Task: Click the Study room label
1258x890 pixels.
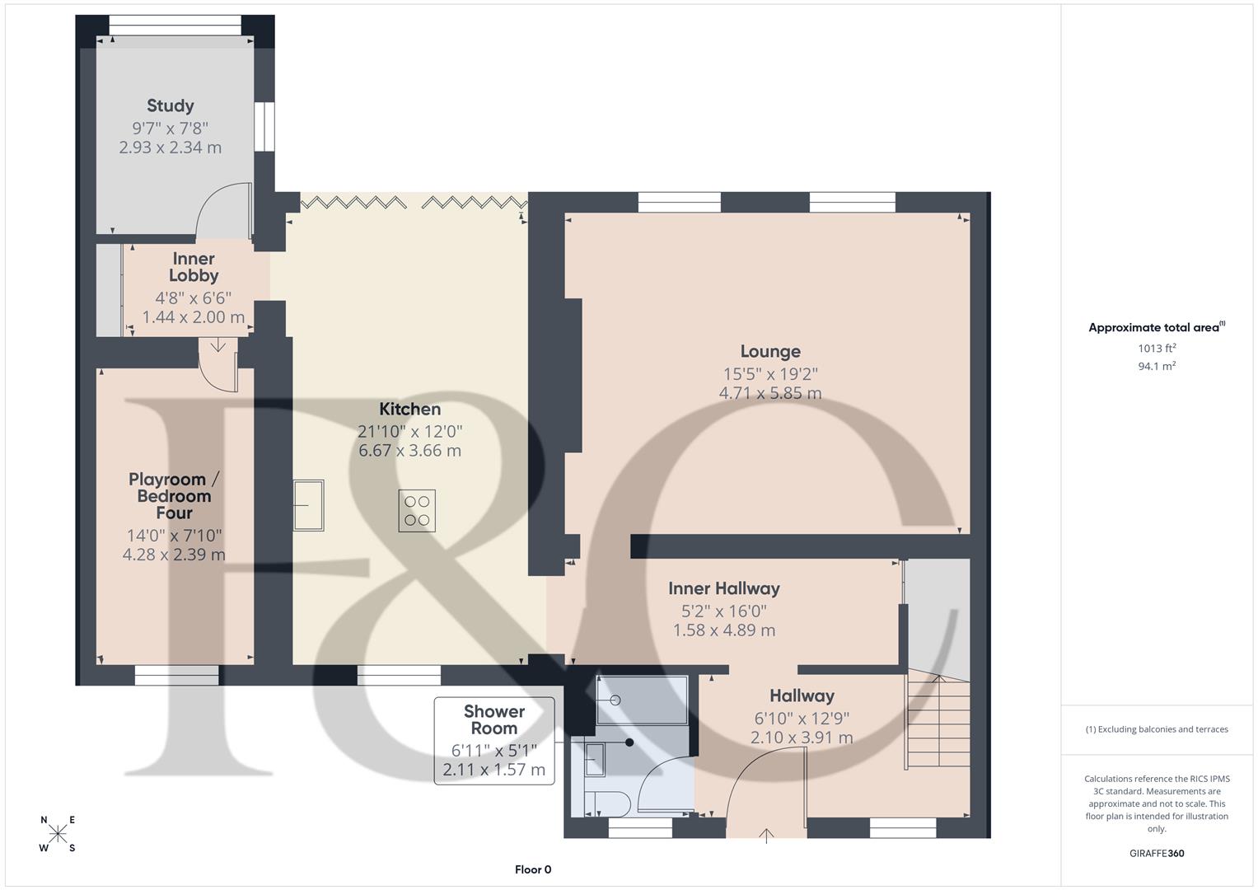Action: pyautogui.click(x=171, y=105)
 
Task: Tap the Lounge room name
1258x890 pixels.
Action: pyautogui.click(x=769, y=352)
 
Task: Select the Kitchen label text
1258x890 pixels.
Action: pyautogui.click(x=409, y=409)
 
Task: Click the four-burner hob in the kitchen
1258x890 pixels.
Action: pyautogui.click(x=417, y=510)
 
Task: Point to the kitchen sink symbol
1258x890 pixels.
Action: pyautogui.click(x=309, y=505)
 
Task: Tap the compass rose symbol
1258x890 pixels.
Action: pyautogui.click(x=58, y=833)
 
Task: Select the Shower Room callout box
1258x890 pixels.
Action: pyautogui.click(x=494, y=740)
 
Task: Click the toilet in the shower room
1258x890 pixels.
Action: pyautogui.click(x=607, y=803)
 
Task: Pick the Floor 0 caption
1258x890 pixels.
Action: pyautogui.click(x=532, y=869)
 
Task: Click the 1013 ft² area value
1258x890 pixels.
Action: pyautogui.click(x=1157, y=348)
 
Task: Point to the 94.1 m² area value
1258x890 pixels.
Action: pyautogui.click(x=1157, y=366)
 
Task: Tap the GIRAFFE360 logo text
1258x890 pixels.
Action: pyautogui.click(x=1157, y=853)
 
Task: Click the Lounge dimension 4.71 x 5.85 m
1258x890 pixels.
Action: pyautogui.click(x=769, y=394)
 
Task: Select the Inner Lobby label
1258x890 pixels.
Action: pyautogui.click(x=194, y=268)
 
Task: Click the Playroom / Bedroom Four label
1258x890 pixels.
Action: pyautogui.click(x=174, y=496)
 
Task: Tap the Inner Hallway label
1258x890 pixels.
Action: pyautogui.click(x=723, y=588)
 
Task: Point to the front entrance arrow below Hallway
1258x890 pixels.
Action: pyautogui.click(x=767, y=836)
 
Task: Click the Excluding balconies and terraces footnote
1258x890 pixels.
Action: pyautogui.click(x=1157, y=729)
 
